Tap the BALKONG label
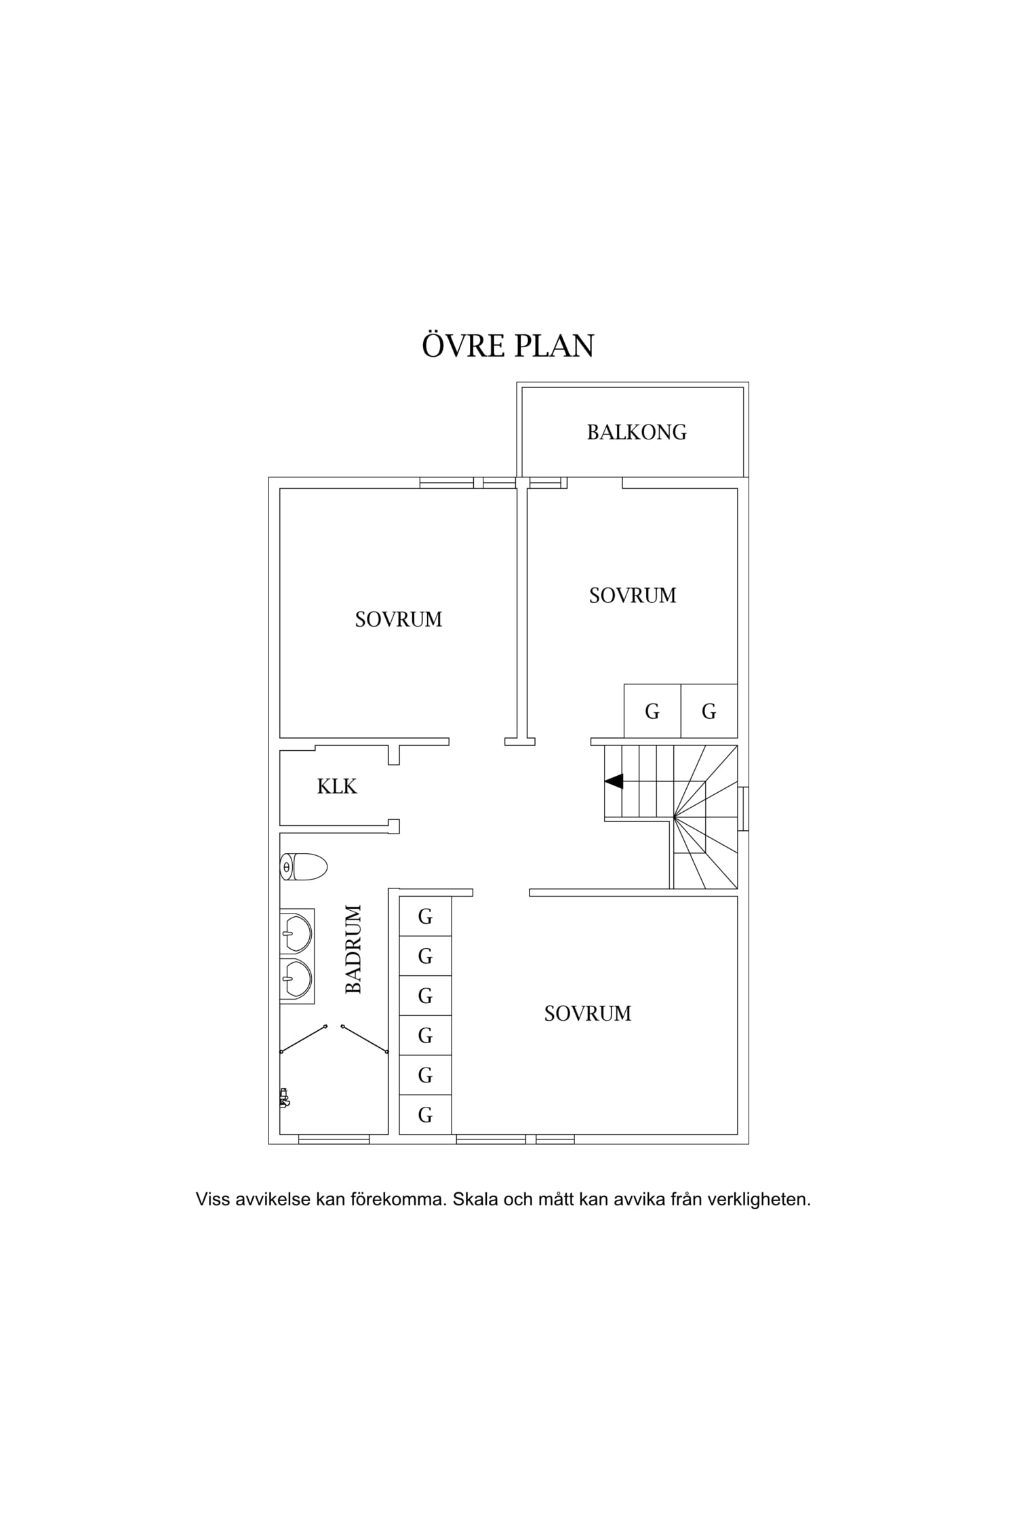pos(637,432)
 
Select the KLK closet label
pos(337,786)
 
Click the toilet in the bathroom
pos(304,867)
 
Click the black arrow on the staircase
pos(614,781)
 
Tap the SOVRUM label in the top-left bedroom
pos(399,619)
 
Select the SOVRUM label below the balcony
pos(633,595)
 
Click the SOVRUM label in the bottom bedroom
pos(588,1013)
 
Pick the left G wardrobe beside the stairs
pos(652,711)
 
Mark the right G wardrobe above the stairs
pos(709,711)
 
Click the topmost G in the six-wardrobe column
pos(425,916)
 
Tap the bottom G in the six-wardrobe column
pos(425,1114)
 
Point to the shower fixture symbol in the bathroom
pos(284,1097)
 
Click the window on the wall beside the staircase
pos(744,808)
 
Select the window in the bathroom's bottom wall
pos(334,1139)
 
